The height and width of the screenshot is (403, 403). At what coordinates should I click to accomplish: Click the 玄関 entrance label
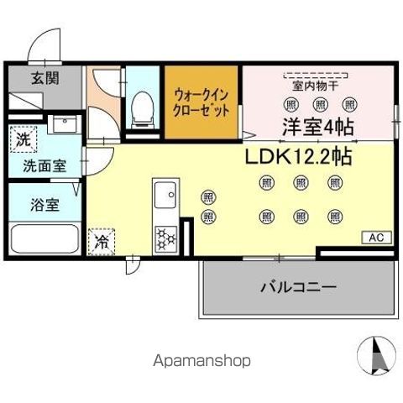44,80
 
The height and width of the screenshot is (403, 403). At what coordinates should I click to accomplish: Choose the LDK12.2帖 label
297,155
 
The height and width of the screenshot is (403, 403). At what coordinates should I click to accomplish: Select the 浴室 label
34,205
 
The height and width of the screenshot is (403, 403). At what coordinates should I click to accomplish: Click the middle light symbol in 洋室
319,105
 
